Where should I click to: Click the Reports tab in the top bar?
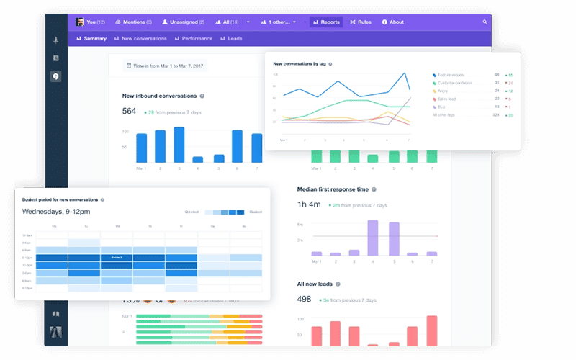326,22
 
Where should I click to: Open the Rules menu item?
361,22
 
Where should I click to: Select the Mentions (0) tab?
133,22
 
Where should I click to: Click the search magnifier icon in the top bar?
485,22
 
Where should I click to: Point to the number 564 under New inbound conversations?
130,111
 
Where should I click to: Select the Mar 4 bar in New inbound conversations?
198,159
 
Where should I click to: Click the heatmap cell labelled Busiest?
116,257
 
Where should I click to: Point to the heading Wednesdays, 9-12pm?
55,212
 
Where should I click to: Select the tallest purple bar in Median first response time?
373,238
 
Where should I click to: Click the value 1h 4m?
309,204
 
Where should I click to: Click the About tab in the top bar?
393,22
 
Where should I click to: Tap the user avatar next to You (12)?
80,22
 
